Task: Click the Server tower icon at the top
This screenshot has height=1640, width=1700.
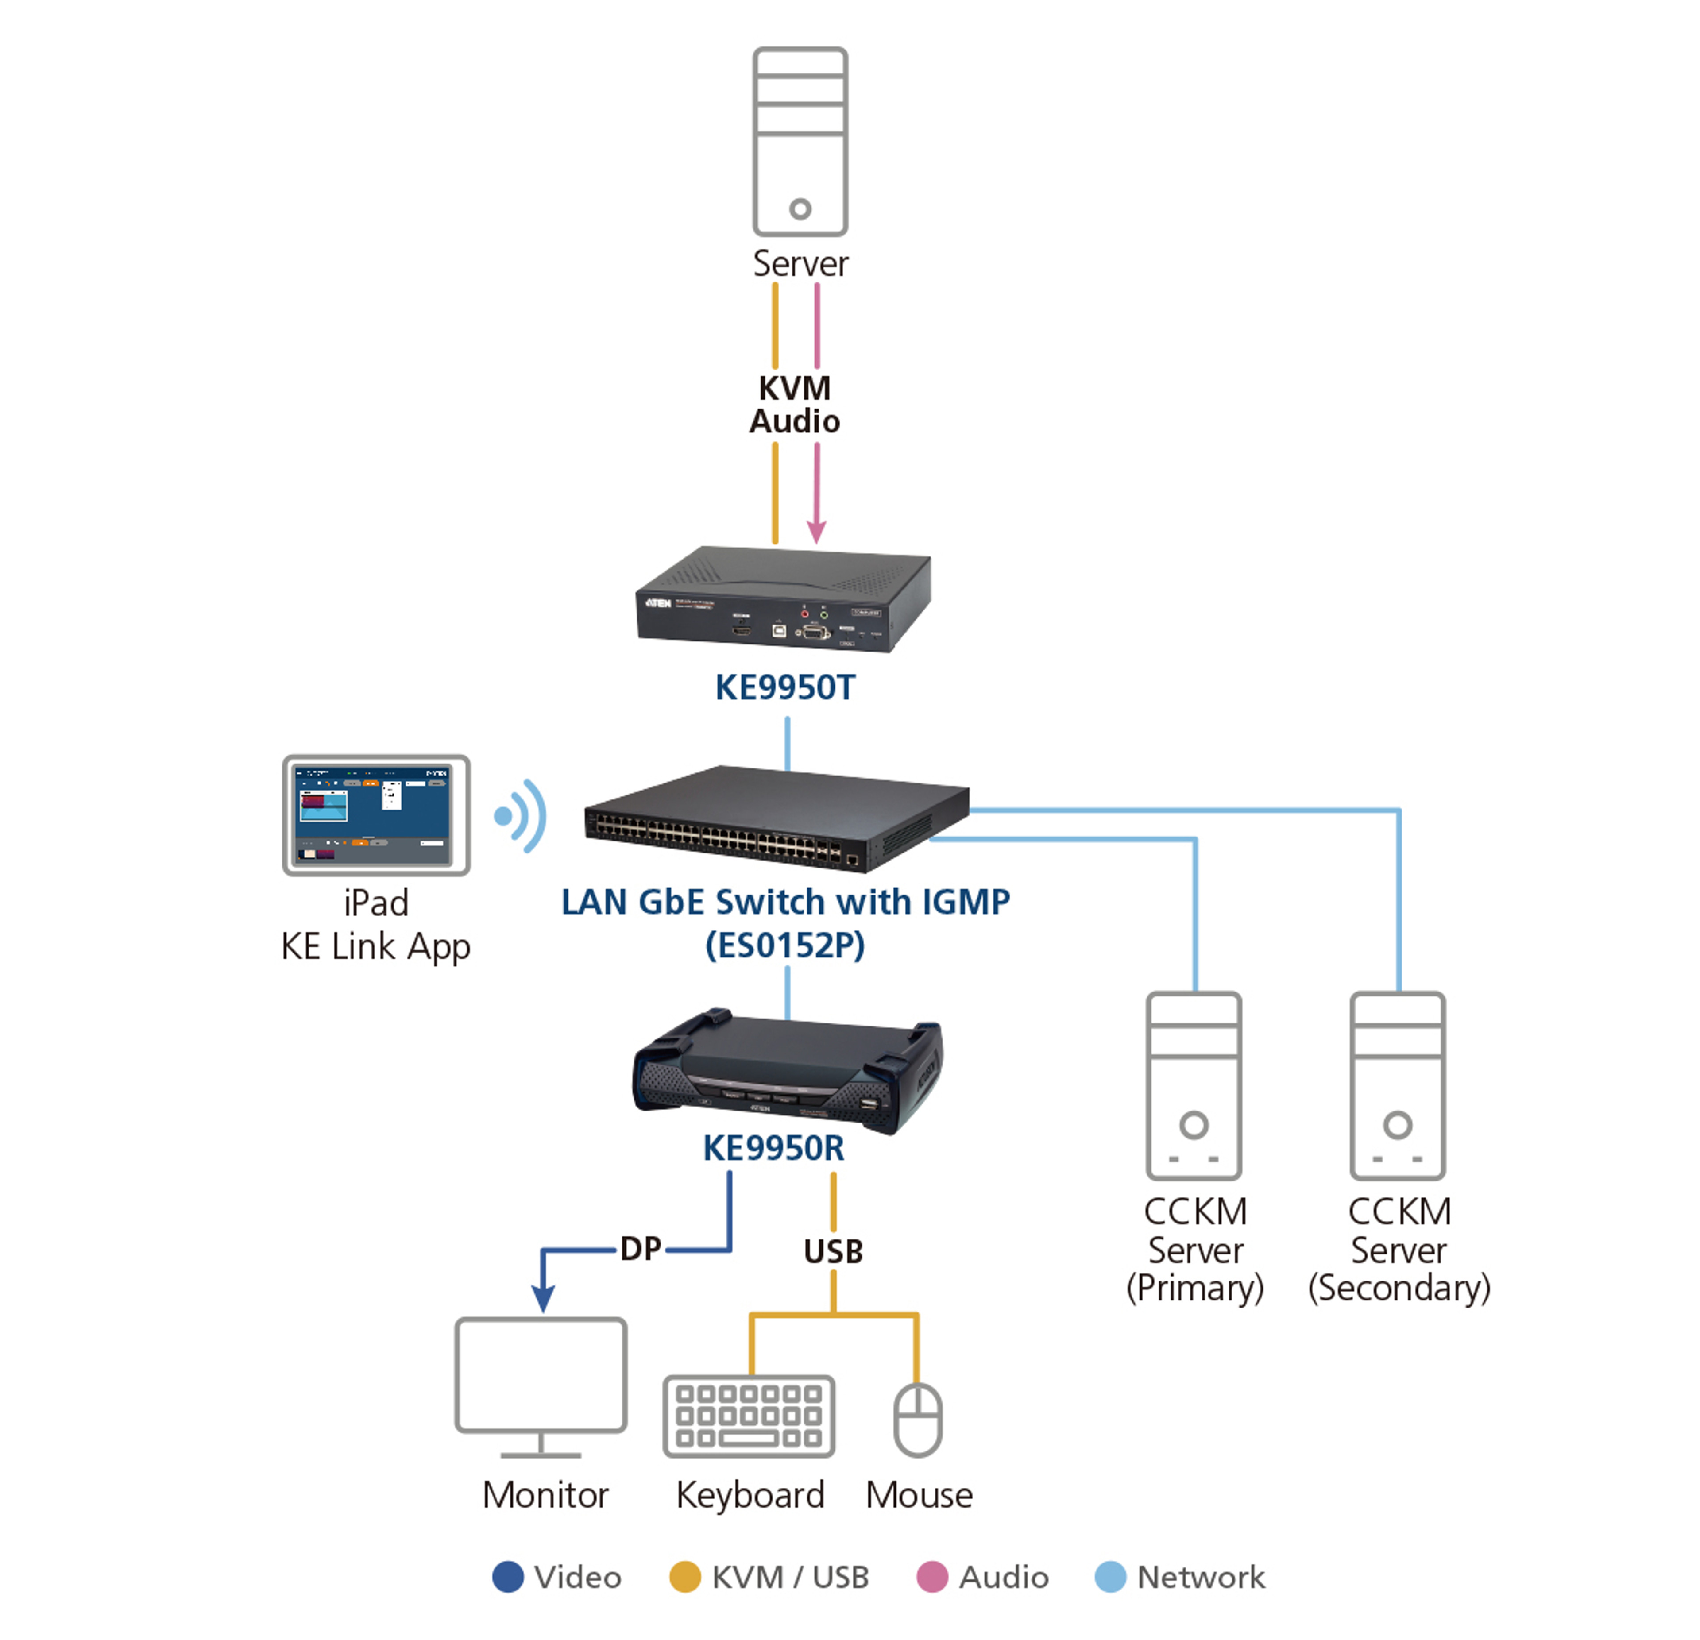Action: click(x=800, y=141)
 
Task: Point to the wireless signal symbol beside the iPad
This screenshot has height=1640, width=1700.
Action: click(x=521, y=815)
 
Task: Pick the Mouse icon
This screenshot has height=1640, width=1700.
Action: click(x=918, y=1420)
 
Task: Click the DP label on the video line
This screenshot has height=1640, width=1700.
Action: click(x=641, y=1249)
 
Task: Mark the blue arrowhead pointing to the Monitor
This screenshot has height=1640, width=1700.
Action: click(x=543, y=1298)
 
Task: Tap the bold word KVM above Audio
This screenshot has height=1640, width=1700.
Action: click(x=795, y=388)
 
